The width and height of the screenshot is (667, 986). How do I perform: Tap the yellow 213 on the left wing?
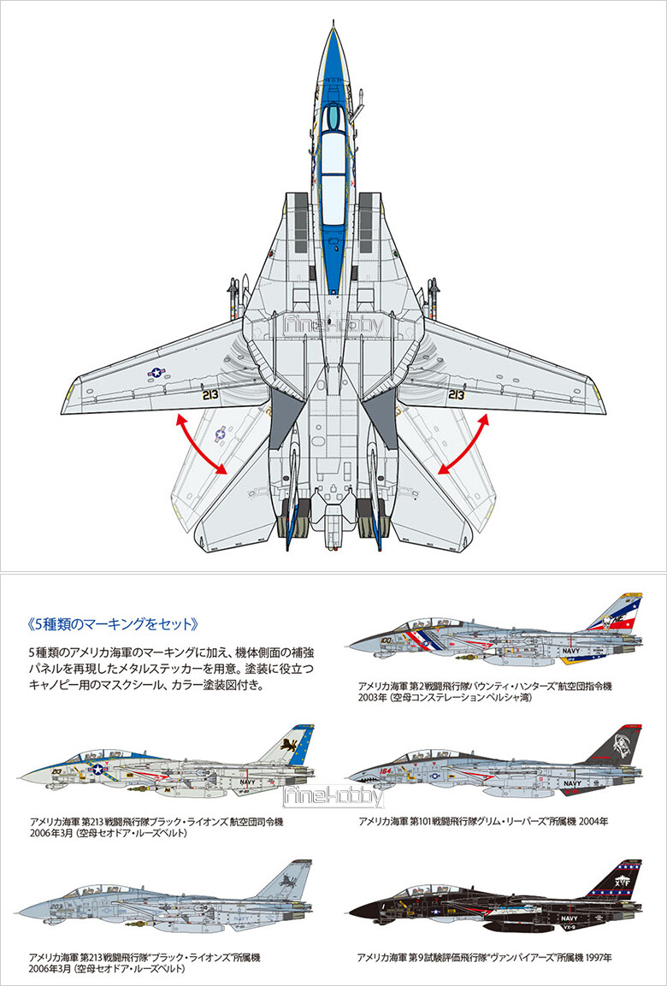[211, 395]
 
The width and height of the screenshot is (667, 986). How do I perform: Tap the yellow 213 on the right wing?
[456, 395]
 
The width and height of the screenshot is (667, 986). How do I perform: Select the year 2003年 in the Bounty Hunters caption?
[374, 698]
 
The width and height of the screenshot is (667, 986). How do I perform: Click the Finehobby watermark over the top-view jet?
[333, 326]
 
